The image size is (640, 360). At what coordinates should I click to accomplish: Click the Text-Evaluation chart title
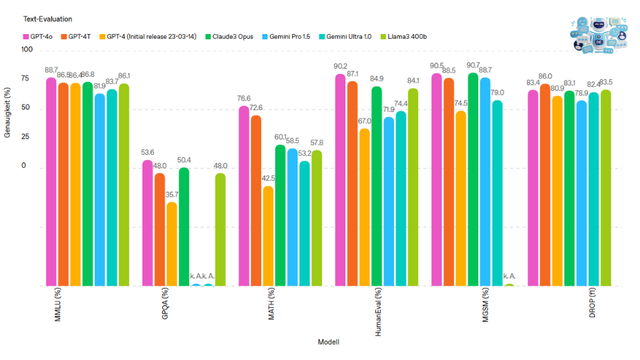click(47, 19)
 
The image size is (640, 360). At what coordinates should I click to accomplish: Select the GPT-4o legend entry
click(39, 37)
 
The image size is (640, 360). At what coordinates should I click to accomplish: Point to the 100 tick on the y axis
click(26, 50)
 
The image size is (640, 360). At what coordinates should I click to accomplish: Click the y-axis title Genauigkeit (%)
click(8, 112)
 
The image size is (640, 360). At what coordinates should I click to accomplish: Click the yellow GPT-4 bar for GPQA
click(171, 243)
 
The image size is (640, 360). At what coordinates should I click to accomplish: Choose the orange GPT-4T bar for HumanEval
click(352, 183)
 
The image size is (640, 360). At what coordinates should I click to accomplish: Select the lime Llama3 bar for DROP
click(605, 187)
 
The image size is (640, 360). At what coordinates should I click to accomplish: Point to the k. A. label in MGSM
click(509, 275)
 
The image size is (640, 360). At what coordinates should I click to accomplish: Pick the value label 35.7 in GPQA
click(172, 195)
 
